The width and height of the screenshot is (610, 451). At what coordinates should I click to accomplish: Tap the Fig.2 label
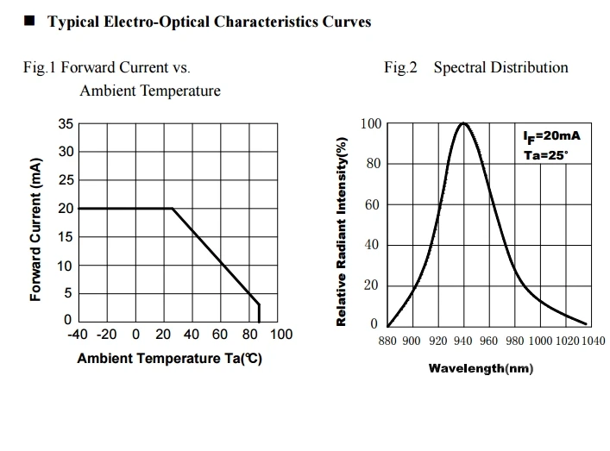tap(400, 67)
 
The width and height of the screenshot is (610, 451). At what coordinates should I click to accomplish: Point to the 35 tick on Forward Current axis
tap(66, 124)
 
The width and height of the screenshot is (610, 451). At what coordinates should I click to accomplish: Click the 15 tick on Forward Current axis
tap(66, 237)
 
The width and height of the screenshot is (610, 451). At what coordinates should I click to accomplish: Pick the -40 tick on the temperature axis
tap(79, 335)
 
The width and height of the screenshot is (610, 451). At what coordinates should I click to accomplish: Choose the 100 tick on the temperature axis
tap(281, 335)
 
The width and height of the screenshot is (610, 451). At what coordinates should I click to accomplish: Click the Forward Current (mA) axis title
tap(35, 229)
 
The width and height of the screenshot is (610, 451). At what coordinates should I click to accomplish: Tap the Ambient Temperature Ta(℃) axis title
tap(169, 359)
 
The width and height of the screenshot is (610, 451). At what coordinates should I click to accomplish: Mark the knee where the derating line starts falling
tap(173, 208)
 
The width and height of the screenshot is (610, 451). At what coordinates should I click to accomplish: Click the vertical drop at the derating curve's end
tap(259, 312)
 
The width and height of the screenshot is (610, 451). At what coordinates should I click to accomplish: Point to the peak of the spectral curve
tap(463, 123)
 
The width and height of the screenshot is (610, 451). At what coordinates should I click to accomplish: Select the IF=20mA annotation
tap(550, 137)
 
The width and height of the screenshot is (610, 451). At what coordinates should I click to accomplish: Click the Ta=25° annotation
tap(546, 155)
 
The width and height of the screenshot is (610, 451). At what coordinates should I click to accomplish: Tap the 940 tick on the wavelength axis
tap(462, 341)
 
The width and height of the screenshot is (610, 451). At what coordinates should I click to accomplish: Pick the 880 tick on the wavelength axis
tap(387, 341)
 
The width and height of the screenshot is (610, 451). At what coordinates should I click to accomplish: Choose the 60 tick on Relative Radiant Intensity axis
tap(371, 204)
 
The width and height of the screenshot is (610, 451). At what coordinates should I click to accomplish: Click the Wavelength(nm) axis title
tap(481, 369)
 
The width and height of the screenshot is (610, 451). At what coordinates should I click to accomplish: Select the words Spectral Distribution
tap(500, 67)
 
